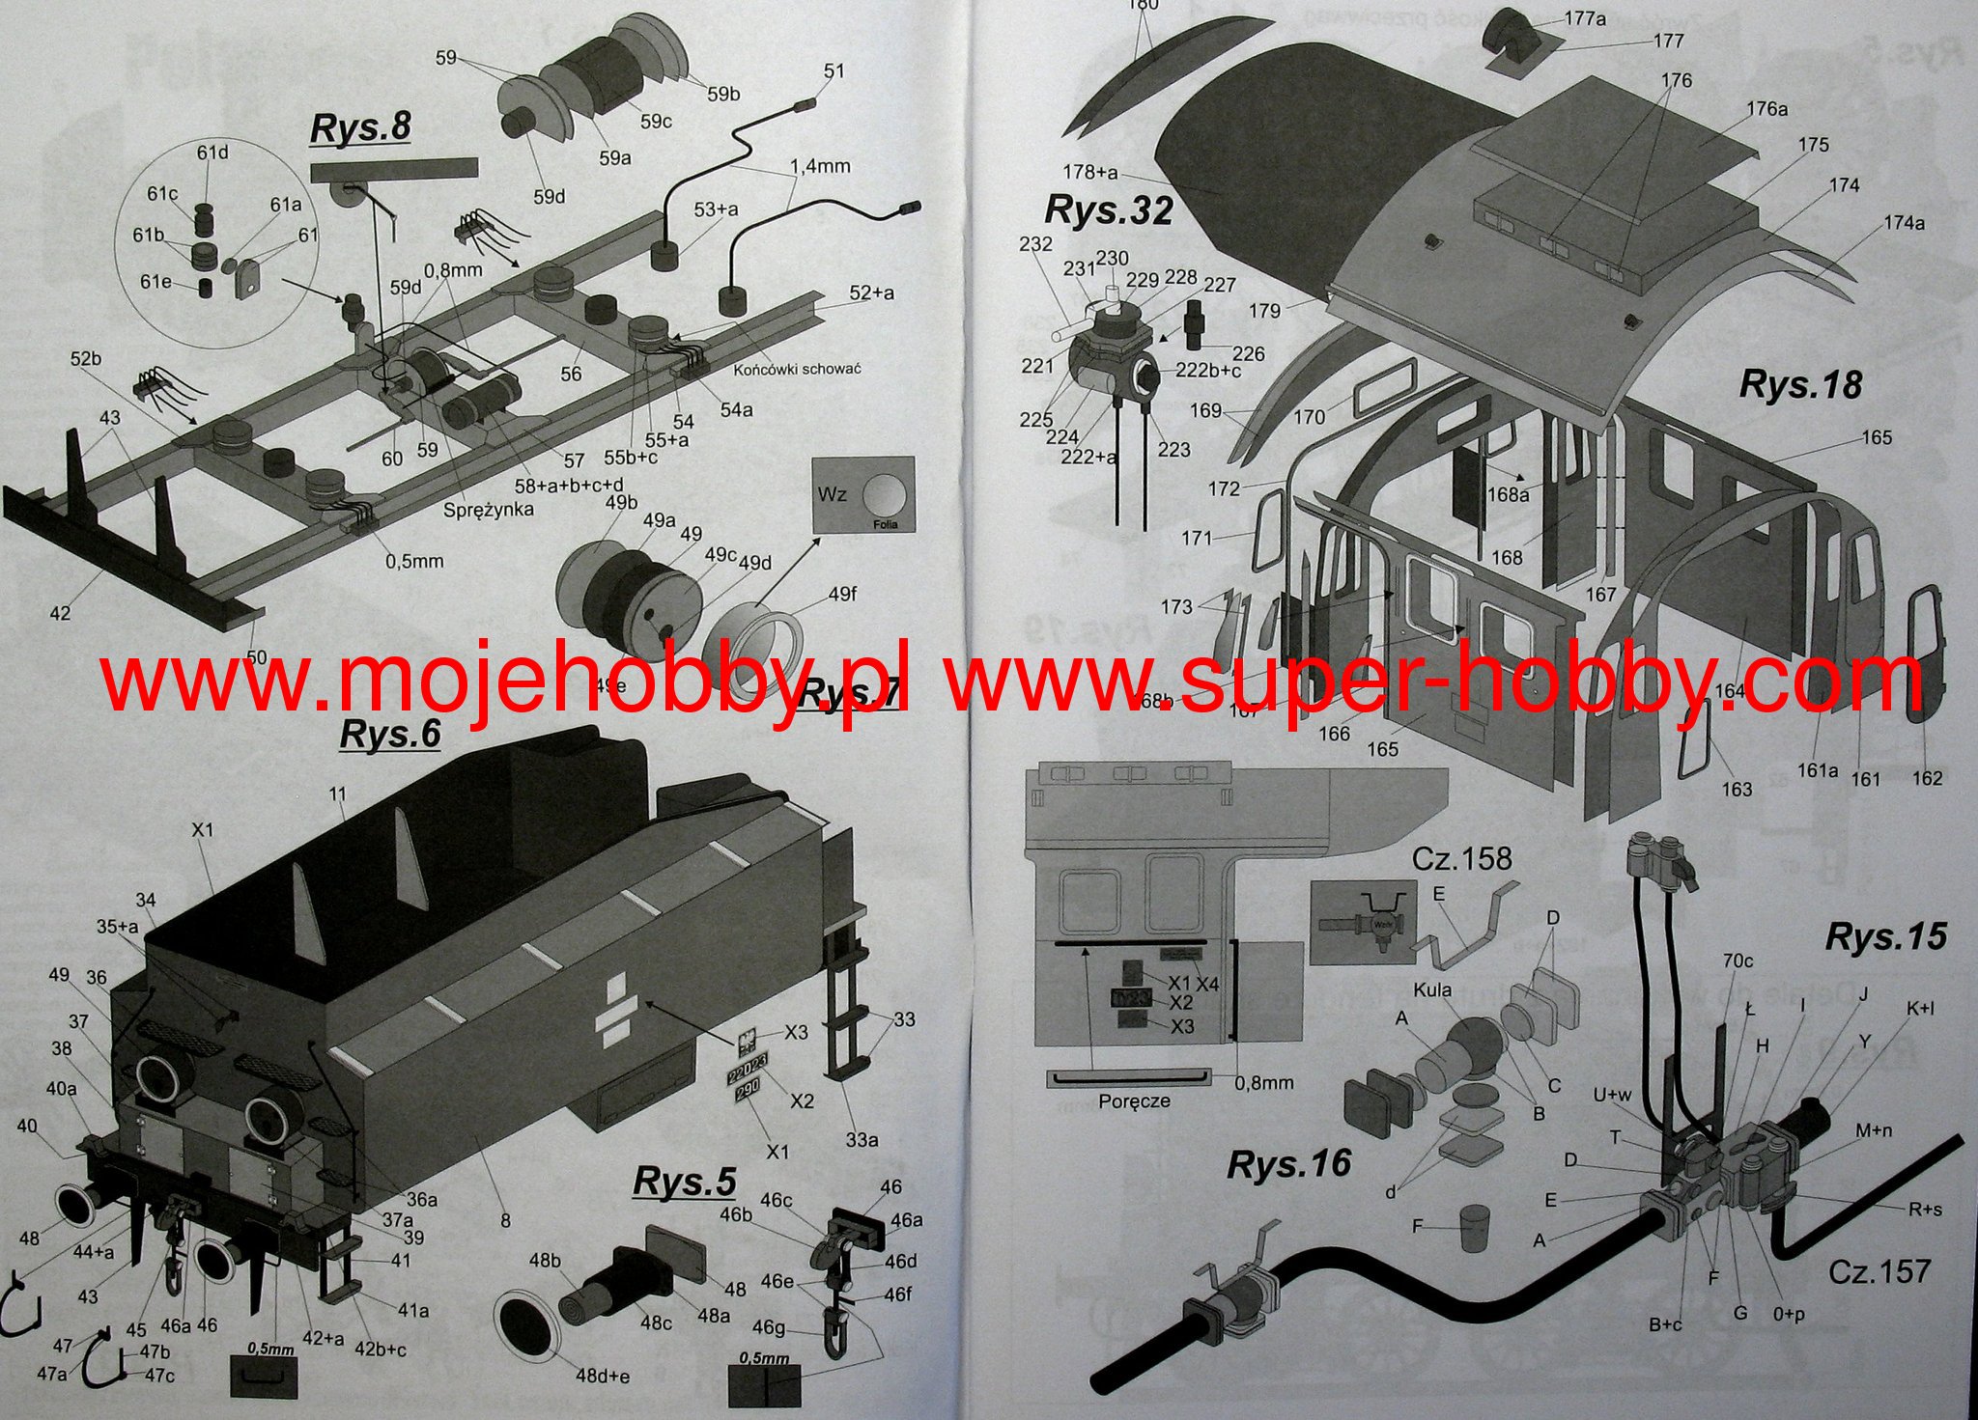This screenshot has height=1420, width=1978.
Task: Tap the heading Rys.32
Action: point(1109,210)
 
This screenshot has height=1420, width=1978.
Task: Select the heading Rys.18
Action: point(1799,384)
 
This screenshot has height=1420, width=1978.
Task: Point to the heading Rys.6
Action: point(390,734)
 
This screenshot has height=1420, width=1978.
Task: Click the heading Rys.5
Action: point(684,1182)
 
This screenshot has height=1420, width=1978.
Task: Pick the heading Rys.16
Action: point(1288,1165)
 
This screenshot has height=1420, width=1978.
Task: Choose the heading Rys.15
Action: point(1885,937)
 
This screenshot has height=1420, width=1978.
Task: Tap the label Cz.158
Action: point(1462,858)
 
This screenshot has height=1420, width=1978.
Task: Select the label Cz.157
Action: point(1879,1271)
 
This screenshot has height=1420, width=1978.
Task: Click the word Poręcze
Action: point(1134,1100)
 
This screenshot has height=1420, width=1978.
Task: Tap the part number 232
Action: point(1035,244)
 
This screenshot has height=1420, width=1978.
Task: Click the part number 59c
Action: point(656,121)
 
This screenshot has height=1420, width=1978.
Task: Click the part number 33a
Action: point(862,1140)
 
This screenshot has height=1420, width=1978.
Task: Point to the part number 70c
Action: point(1738,961)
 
